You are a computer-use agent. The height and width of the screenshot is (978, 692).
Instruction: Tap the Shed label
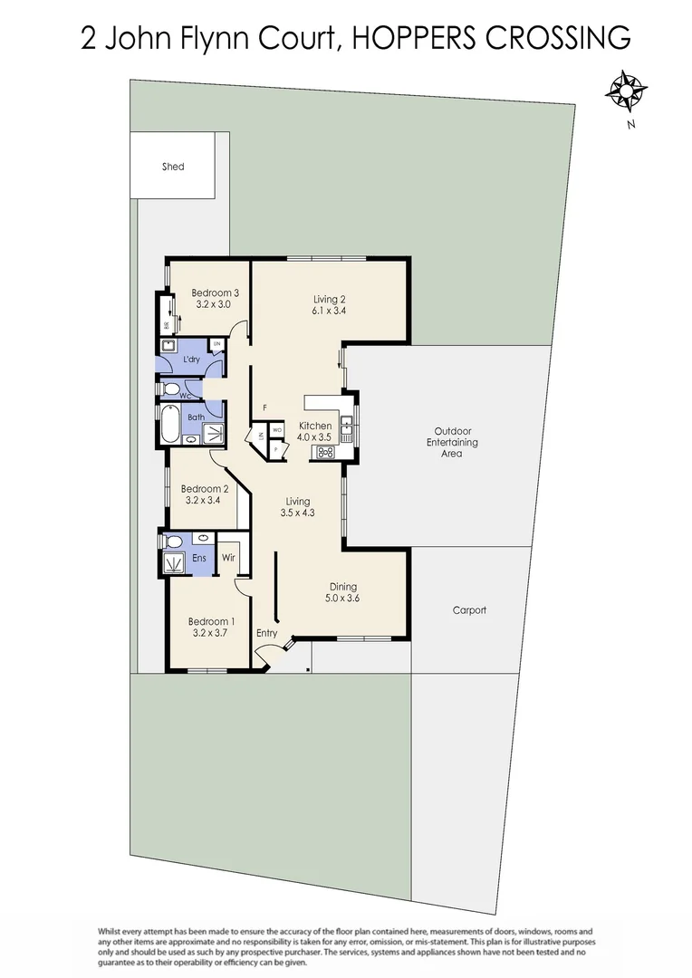(172, 167)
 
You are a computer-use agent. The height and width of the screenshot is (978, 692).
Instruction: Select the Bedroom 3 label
(215, 292)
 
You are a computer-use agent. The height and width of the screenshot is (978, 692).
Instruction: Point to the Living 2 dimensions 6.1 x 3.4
(330, 311)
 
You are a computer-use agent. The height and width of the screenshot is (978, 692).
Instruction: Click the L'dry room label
(191, 360)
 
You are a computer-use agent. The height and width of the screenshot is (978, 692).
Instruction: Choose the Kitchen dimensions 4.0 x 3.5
(316, 437)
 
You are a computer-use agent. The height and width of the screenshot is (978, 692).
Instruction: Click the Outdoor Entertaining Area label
(451, 442)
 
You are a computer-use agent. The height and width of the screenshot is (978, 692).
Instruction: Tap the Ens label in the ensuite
(199, 558)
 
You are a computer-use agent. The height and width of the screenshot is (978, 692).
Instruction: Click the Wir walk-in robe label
(228, 558)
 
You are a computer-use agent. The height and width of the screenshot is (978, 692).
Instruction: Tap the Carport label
(469, 610)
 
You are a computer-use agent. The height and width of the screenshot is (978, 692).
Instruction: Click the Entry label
(266, 633)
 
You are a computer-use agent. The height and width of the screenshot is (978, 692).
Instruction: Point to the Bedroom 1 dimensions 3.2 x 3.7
(211, 633)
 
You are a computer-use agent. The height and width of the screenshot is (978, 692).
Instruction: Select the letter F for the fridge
(264, 407)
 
